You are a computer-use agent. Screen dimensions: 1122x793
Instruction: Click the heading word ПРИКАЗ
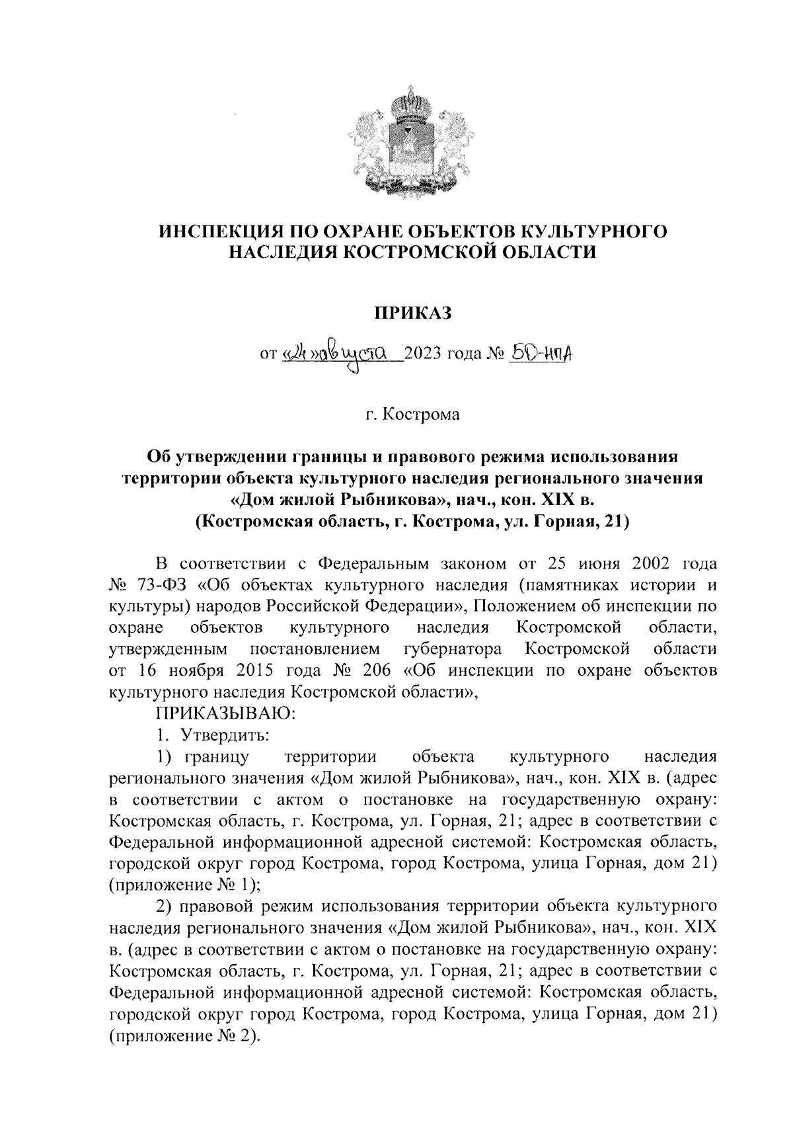[412, 313]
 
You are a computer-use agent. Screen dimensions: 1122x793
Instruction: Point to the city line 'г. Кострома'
[412, 415]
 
